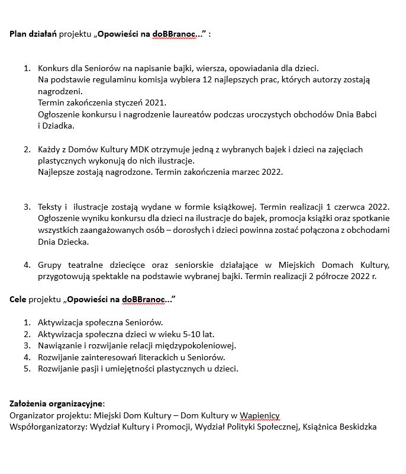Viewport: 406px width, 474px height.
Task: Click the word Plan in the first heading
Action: click(18, 34)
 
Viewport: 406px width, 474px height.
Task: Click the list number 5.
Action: click(27, 369)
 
